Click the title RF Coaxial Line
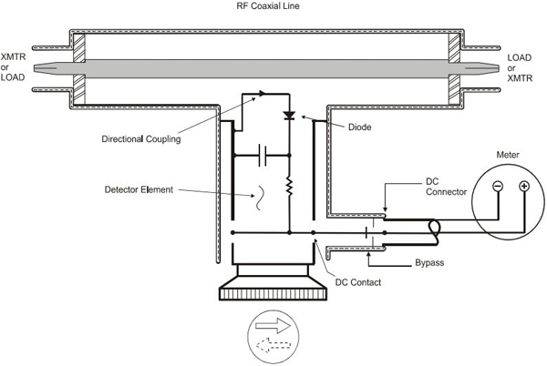point(267,6)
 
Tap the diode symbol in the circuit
point(289,116)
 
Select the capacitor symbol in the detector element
point(263,156)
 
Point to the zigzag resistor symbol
point(289,186)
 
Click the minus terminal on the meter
point(498,187)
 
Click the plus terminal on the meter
point(524,187)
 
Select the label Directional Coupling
point(141,139)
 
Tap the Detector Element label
point(139,189)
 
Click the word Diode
point(360,127)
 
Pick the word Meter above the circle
point(508,155)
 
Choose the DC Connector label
point(446,187)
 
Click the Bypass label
point(429,262)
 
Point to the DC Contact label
point(358,282)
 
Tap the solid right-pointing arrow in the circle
point(273,326)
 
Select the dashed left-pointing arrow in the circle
point(273,345)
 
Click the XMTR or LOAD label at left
point(13,66)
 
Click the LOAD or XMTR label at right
point(520,68)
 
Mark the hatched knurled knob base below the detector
point(273,293)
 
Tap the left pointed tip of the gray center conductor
point(35,68)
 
